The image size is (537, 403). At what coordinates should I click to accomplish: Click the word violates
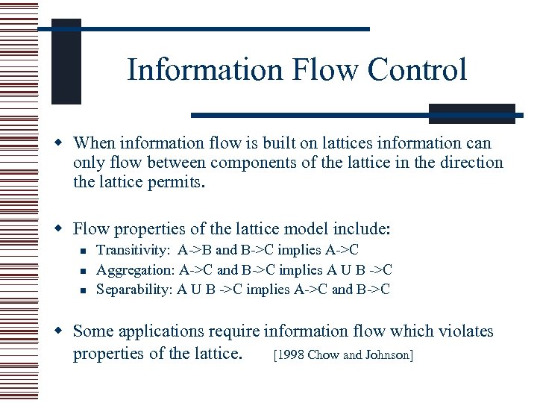coord(466,331)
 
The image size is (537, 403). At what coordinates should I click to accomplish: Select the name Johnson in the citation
coord(386,355)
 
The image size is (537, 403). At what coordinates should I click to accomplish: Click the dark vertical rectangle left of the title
coord(66,63)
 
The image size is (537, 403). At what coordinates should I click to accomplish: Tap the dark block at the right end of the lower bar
coord(471,113)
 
